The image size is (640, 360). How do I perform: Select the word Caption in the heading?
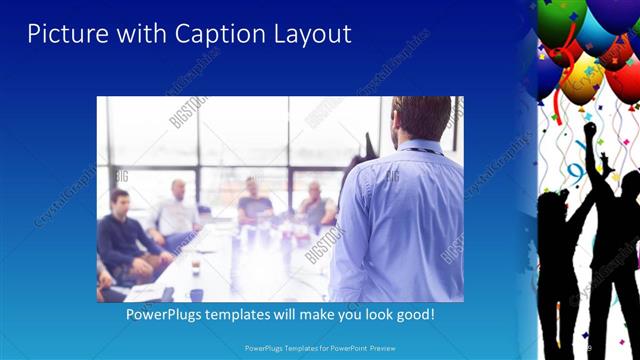[x=206, y=34]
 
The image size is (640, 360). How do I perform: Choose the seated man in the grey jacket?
[x=316, y=205]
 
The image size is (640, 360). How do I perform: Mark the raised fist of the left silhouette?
[x=590, y=129]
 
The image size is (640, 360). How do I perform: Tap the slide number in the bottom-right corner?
[x=590, y=347]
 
